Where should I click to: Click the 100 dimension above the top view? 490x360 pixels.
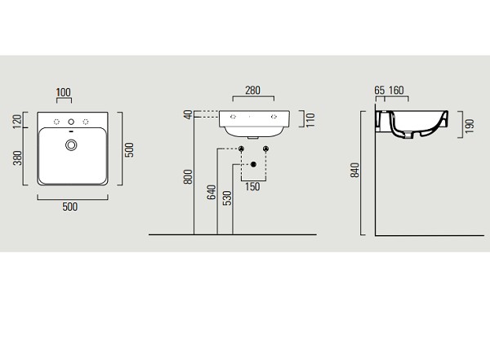pyautogui.click(x=64, y=92)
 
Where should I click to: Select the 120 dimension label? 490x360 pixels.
pyautogui.click(x=17, y=122)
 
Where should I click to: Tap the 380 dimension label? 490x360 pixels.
pyautogui.click(x=17, y=158)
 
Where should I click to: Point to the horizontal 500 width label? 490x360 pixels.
pyautogui.click(x=70, y=207)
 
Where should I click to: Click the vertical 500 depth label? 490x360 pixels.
pyautogui.click(x=129, y=150)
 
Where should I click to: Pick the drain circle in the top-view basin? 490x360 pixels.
pyautogui.click(x=71, y=145)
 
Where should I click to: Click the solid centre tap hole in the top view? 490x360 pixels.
pyautogui.click(x=71, y=122)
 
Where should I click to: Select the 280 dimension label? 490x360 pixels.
pyautogui.click(x=252, y=91)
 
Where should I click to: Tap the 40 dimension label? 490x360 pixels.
pyautogui.click(x=189, y=114)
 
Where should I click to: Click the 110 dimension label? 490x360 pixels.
pyautogui.click(x=310, y=120)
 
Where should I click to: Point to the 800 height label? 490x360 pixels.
pyautogui.click(x=188, y=176)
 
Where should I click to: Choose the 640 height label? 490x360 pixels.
pyautogui.click(x=212, y=192)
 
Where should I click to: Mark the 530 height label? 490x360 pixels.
pyautogui.click(x=228, y=198)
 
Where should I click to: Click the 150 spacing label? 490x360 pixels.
pyautogui.click(x=252, y=187)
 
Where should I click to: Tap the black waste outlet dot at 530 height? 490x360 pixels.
pyautogui.click(x=253, y=164)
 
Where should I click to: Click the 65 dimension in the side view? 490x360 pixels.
pyautogui.click(x=380, y=91)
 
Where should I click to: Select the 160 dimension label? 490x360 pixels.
pyautogui.click(x=396, y=91)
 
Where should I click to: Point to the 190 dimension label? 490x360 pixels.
pyautogui.click(x=470, y=126)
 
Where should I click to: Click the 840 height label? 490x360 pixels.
pyautogui.click(x=355, y=171)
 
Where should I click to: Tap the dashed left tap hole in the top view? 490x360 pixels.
pyautogui.click(x=56, y=122)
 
